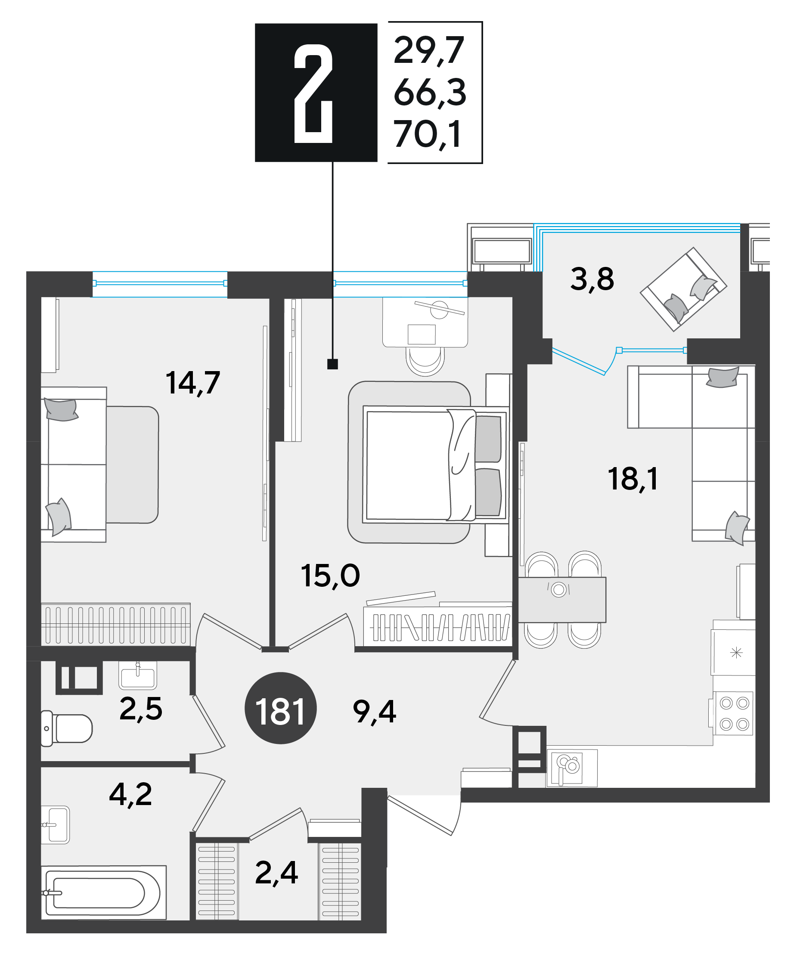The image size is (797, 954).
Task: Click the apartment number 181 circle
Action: point(280,708)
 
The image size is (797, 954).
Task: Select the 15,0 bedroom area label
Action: point(330,576)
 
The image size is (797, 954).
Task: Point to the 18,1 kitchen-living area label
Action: point(633,479)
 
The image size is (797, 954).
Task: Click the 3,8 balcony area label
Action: point(592,279)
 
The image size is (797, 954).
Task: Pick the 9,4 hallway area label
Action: point(375,712)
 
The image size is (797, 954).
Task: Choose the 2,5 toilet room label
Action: point(141,709)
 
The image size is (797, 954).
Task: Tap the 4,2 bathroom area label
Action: point(130,795)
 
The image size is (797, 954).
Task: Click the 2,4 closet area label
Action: point(276,873)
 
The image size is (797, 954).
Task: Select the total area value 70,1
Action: point(428,134)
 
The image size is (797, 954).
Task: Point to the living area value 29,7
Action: point(428,50)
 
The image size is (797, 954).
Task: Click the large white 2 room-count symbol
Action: point(313,94)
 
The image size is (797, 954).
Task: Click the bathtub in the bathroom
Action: point(104,893)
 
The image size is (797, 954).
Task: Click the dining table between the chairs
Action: point(562,600)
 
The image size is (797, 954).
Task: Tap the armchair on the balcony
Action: point(683,289)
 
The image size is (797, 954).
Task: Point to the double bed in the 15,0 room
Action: point(435,465)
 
